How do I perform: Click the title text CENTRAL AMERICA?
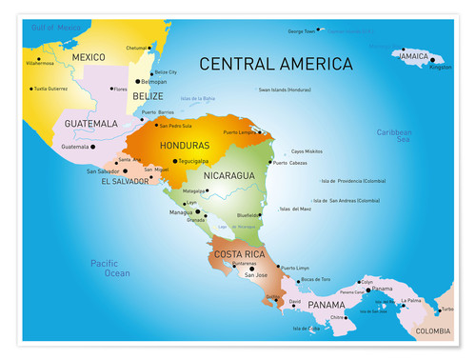pos(275,65)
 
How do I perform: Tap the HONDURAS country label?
pos(186,146)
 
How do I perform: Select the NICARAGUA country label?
pos(228,176)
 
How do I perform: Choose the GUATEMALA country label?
pos(91,124)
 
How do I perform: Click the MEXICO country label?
pos(88,57)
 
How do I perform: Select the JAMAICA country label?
pos(414,56)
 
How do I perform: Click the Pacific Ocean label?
pos(110,268)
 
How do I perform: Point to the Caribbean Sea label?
pos(393,136)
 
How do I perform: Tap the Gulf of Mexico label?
pos(55,28)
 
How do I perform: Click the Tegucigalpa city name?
pos(199,161)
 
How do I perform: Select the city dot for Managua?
pos(198,211)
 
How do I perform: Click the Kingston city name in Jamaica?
pos(441,68)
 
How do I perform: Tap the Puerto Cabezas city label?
pos(290,163)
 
